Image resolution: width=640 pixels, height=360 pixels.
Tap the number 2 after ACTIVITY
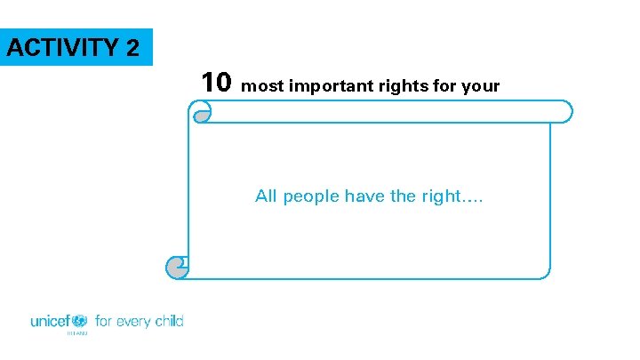click(x=132, y=47)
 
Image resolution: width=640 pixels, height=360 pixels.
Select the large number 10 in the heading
click(x=216, y=83)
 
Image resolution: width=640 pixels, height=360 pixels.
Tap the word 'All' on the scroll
click(x=267, y=196)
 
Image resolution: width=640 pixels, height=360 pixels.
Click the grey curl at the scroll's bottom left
click(x=177, y=266)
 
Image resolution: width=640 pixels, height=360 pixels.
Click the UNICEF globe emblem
click(x=79, y=321)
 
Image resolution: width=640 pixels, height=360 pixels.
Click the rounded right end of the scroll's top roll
click(x=564, y=111)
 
